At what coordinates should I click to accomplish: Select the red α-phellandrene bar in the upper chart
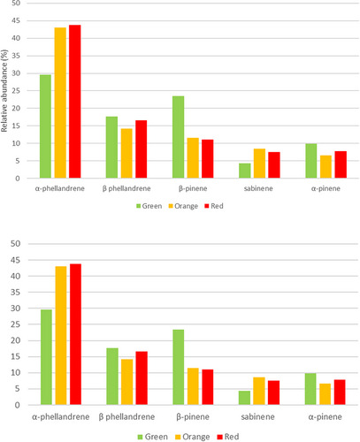click(75, 102)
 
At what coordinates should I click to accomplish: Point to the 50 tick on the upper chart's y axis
click(27, 3)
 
